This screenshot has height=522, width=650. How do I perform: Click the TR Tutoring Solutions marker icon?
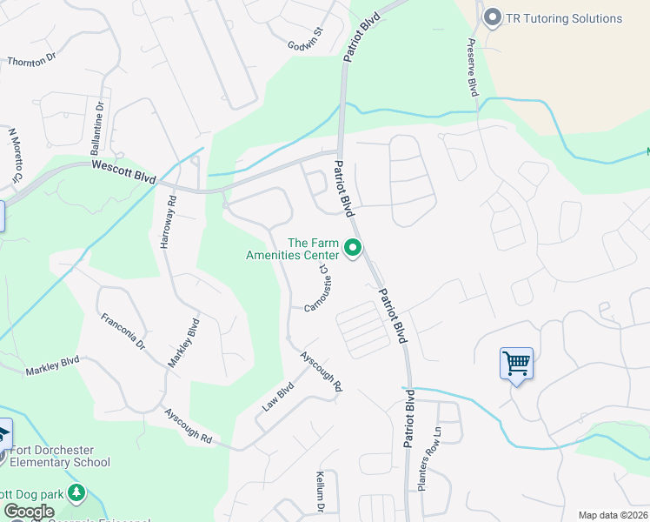point(494,18)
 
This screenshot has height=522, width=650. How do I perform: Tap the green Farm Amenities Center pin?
point(353,249)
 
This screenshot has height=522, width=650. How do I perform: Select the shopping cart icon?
point(516,362)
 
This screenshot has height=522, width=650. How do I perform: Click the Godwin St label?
point(306,39)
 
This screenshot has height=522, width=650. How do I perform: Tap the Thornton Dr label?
point(31,61)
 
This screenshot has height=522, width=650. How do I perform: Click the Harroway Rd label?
point(169,222)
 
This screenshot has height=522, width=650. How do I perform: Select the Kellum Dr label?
point(320,492)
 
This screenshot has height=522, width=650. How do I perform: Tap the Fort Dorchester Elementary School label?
point(60,457)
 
